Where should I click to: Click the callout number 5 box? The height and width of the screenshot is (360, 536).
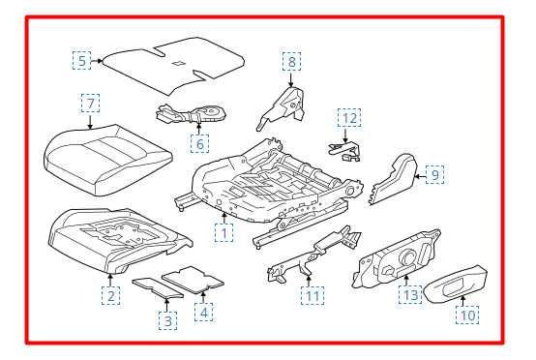[x=81, y=61]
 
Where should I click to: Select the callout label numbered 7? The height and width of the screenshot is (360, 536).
[x=91, y=103]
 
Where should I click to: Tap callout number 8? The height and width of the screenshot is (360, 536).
[x=291, y=62]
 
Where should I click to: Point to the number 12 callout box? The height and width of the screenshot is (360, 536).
[x=349, y=118]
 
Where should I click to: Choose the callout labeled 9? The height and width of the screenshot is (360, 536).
[x=434, y=174]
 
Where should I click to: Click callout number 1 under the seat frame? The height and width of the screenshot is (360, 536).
[x=223, y=233]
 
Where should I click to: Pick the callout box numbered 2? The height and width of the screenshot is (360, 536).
[x=111, y=296]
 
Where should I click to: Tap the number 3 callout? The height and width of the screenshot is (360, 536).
[x=167, y=320]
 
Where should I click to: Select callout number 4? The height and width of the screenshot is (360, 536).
[x=204, y=313]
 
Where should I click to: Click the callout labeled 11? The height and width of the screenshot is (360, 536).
[x=313, y=296]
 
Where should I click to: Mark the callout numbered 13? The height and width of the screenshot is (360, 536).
[x=410, y=294]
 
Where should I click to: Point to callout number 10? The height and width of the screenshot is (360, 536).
[x=467, y=315]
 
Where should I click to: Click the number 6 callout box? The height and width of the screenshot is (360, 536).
[x=199, y=143]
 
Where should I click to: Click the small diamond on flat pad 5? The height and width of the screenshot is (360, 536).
[x=178, y=63]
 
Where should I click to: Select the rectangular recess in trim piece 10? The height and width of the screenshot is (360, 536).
[x=453, y=286]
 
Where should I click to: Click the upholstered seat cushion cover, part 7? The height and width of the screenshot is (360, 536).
[x=107, y=159]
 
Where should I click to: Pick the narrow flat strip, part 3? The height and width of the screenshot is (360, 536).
[x=158, y=287]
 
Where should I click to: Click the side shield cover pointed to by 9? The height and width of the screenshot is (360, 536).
[x=394, y=179]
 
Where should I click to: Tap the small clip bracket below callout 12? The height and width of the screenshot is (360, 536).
[x=343, y=151]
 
